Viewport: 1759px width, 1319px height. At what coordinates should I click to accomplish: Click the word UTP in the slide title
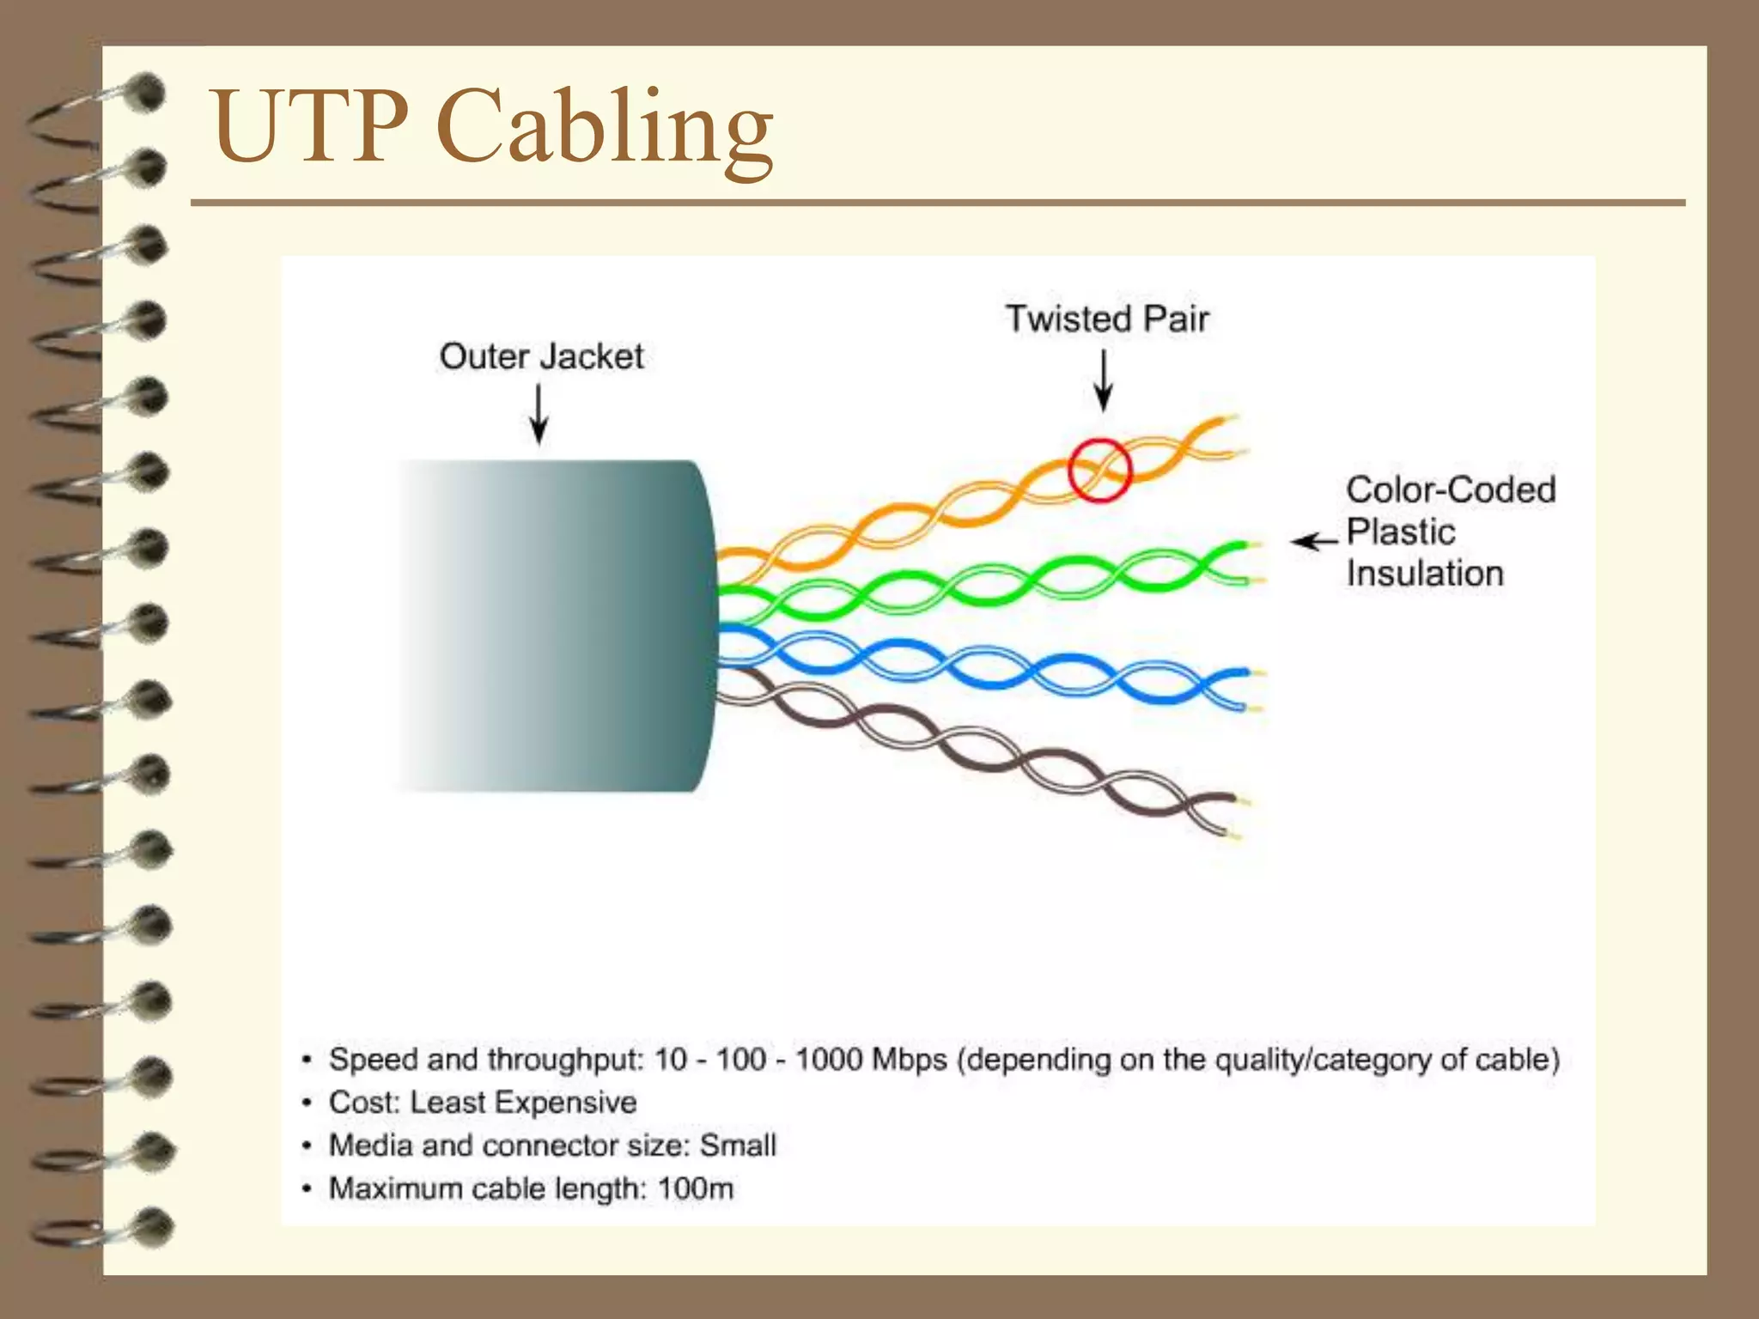(x=309, y=126)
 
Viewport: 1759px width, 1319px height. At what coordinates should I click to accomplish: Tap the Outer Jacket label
(x=541, y=356)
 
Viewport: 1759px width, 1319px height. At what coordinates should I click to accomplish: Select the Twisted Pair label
(x=1107, y=319)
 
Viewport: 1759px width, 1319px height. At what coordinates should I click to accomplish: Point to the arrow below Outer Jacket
(x=539, y=414)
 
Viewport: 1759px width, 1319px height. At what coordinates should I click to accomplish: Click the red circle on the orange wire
(x=1099, y=470)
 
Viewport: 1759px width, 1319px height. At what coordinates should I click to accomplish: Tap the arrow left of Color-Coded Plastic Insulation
(x=1314, y=541)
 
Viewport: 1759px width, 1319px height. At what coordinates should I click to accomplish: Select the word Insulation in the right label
(x=1425, y=574)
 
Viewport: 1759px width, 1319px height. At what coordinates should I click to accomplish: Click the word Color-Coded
(x=1451, y=490)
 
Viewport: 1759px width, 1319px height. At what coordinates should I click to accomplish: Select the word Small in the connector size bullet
(x=738, y=1146)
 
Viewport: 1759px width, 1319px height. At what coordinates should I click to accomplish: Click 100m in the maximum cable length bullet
(x=696, y=1189)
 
